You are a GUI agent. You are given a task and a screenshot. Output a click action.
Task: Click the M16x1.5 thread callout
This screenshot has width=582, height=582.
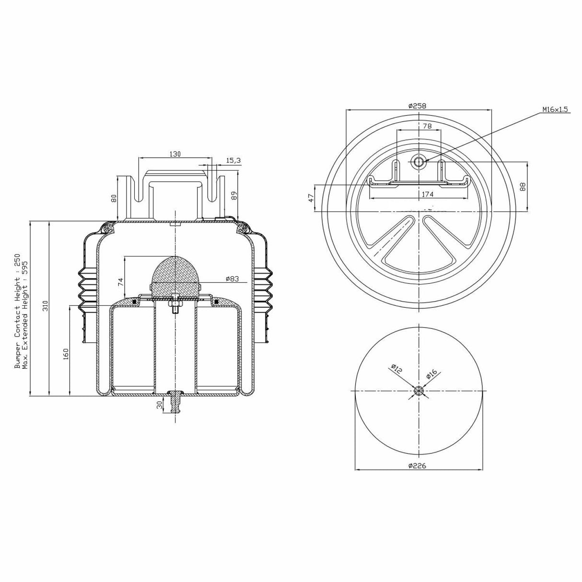(555, 109)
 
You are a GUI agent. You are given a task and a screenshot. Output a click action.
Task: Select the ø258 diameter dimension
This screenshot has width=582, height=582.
(417, 105)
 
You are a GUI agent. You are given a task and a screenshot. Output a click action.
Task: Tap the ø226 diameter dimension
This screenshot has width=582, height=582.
(417, 466)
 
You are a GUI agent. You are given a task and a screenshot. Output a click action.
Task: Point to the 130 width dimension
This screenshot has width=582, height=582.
(175, 154)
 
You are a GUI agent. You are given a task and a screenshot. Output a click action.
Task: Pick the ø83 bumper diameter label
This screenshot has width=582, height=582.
(232, 279)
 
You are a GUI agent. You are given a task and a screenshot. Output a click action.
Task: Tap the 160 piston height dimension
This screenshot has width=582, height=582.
(66, 354)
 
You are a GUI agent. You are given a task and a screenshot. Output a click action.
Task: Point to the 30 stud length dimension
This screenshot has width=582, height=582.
(159, 405)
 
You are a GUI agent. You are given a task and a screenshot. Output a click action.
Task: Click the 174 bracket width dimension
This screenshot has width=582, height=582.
(428, 194)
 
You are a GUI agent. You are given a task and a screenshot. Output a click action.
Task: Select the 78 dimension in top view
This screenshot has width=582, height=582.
(427, 126)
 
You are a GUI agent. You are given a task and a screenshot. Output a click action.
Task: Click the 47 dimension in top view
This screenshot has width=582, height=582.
(310, 197)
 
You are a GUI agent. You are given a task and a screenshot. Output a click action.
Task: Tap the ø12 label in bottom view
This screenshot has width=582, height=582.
(396, 370)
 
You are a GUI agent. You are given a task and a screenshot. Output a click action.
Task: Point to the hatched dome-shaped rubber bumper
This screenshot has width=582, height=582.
(175, 276)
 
